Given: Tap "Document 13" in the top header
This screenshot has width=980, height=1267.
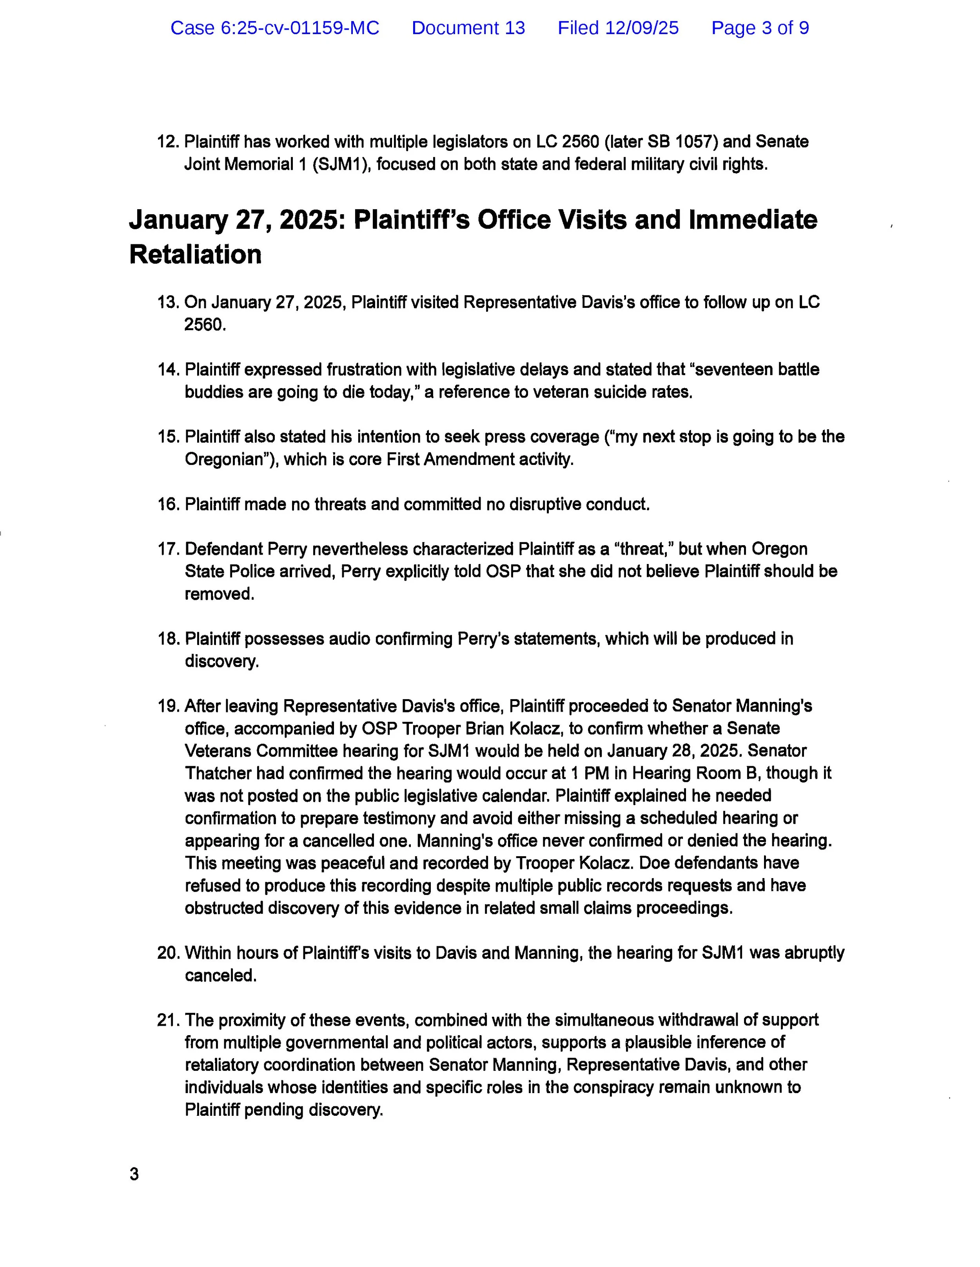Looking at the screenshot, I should click(468, 28).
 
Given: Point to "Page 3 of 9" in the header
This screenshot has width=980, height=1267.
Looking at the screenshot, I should click(760, 28).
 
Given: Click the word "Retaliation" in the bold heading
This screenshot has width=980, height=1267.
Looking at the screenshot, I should click(195, 255).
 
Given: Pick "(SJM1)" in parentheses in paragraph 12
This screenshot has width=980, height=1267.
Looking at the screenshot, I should click(341, 164).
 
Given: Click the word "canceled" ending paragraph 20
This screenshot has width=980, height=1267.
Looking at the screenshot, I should click(220, 976).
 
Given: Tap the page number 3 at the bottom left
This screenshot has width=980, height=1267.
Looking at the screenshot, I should click(134, 1175).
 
